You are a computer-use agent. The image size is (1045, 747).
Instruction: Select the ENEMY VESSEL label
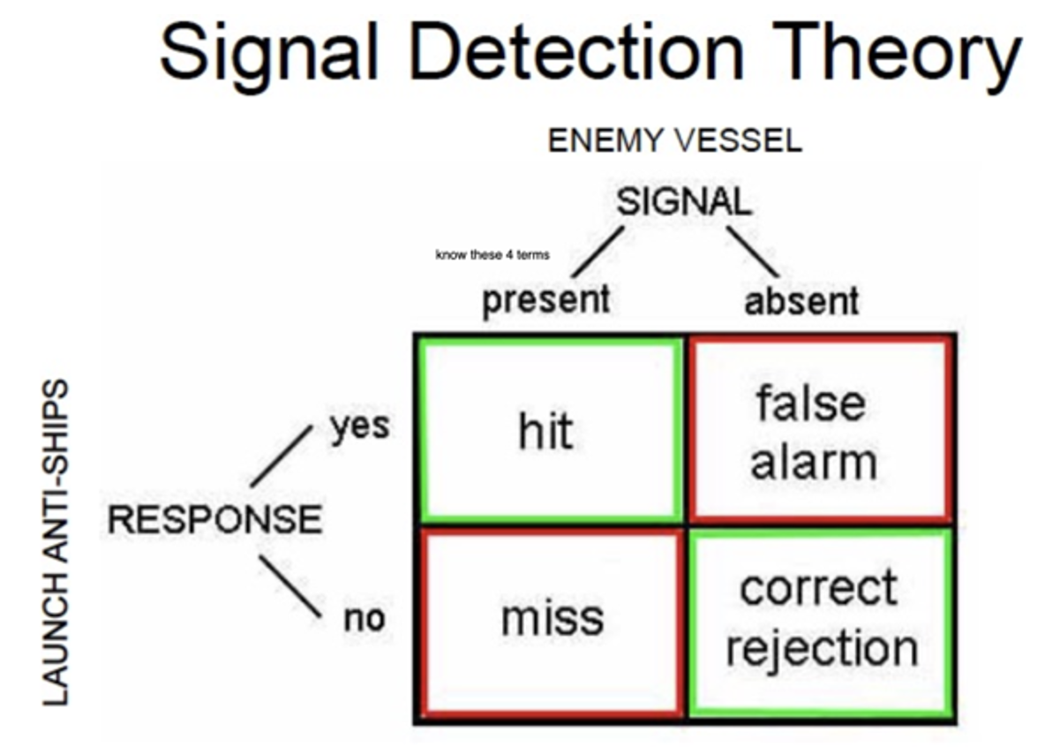(x=675, y=141)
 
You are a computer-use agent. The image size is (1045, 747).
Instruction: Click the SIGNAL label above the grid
(x=684, y=203)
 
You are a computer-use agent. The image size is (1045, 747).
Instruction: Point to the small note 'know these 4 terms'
(x=492, y=255)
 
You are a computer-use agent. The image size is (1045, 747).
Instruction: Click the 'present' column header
(x=545, y=300)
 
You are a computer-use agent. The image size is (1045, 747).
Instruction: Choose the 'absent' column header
(x=801, y=302)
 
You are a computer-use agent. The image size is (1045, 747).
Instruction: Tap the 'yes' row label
(x=359, y=426)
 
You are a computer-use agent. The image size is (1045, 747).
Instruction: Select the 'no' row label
(x=364, y=619)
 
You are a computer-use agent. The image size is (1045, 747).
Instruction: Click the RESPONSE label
(x=214, y=519)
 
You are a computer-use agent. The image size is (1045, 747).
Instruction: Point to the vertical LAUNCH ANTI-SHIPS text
(x=56, y=543)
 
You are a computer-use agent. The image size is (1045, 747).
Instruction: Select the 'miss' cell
(x=552, y=618)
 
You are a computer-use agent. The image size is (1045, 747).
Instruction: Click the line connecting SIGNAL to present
(x=598, y=252)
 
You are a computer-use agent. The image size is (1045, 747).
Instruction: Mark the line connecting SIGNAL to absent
(x=752, y=252)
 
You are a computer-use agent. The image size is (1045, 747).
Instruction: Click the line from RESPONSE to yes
(x=282, y=456)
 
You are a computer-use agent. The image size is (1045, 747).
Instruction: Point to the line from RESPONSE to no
(x=289, y=585)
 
